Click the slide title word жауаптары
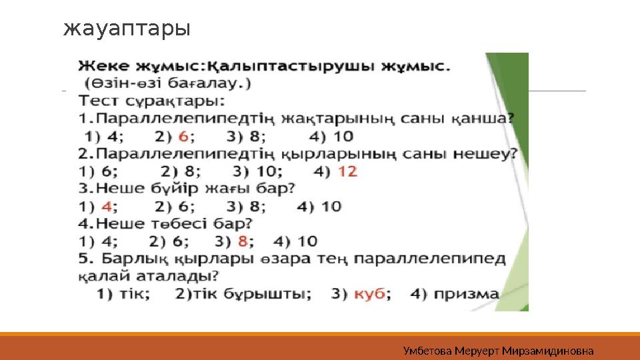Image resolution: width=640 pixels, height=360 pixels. tap(127, 29)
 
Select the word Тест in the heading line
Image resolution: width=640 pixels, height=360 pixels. tap(99, 101)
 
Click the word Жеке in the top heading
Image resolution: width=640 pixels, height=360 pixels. tap(105, 67)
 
